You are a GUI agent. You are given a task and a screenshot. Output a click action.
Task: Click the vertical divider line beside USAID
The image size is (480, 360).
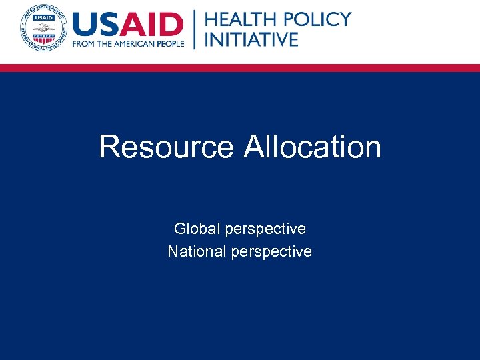[x=195, y=29]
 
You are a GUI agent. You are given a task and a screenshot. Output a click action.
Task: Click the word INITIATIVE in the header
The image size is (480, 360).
[x=251, y=39]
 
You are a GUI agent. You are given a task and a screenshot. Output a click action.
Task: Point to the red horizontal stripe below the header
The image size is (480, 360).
[x=240, y=67]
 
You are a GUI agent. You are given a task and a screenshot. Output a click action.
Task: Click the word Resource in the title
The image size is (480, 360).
[x=166, y=147]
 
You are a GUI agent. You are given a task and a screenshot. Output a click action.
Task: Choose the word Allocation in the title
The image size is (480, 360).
[x=312, y=147]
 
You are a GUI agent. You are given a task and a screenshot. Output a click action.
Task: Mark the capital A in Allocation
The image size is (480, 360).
[x=254, y=147]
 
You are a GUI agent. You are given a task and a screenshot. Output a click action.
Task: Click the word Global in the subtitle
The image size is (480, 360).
[x=197, y=229]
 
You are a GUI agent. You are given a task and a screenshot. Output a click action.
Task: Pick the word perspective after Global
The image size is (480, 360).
[x=265, y=229]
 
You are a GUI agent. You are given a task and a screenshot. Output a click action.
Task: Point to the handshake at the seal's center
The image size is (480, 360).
[x=43, y=27]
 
